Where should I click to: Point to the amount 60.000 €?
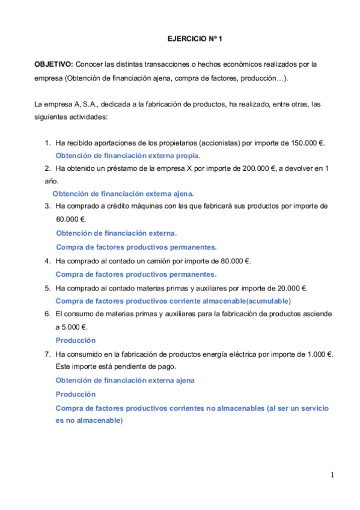click(71, 219)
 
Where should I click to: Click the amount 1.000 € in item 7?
click(316, 354)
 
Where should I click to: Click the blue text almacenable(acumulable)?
click(246, 301)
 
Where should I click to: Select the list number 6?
click(47, 314)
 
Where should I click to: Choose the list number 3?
click(47, 206)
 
